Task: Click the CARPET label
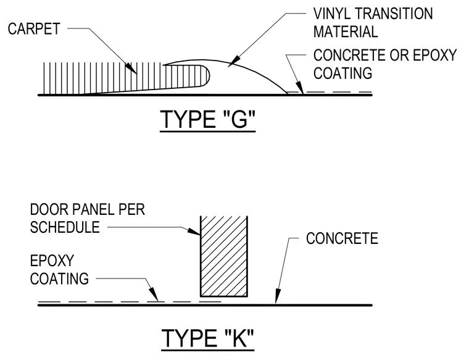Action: (34, 29)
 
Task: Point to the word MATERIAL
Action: (346, 31)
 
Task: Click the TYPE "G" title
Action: (208, 119)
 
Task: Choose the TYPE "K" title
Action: (207, 338)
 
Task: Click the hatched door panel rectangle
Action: (224, 256)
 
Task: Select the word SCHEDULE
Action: (65, 227)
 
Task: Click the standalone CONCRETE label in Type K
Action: (342, 238)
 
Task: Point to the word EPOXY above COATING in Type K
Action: (52, 261)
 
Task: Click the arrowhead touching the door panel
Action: (194, 232)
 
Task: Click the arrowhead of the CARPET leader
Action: (131, 68)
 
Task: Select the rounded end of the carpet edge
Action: (206, 76)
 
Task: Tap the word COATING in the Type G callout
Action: (342, 73)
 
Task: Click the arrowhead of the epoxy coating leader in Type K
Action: (154, 295)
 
